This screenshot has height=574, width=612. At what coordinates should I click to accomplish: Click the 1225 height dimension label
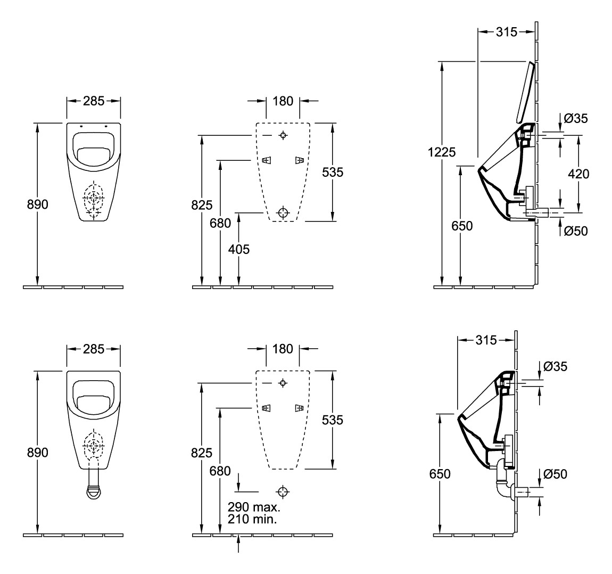tap(441, 152)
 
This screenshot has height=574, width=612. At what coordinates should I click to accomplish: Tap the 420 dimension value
tap(578, 174)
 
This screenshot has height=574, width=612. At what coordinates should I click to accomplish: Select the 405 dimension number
tap(239, 249)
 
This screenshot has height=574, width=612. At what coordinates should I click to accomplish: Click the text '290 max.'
tap(254, 507)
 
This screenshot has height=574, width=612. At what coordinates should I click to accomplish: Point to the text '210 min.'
tap(253, 519)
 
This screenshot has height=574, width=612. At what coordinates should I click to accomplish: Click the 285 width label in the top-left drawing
tap(94, 101)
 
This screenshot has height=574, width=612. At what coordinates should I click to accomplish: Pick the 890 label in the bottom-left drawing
tap(37, 452)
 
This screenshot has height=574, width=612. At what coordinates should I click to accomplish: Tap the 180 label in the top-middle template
tap(283, 101)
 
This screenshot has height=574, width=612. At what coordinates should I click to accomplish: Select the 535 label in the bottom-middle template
tap(333, 420)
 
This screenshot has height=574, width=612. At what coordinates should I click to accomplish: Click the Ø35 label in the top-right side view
tap(576, 118)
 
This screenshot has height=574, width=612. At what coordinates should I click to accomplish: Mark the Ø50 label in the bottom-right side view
tap(555, 474)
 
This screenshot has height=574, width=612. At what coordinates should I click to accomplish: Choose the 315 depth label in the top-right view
tap(507, 32)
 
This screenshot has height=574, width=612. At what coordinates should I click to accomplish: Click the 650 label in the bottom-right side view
tap(440, 474)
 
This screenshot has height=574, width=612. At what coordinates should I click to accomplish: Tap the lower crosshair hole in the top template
tap(283, 213)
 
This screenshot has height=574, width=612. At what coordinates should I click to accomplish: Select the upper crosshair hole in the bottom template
tap(283, 383)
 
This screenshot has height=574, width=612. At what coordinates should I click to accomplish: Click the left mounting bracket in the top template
tap(266, 160)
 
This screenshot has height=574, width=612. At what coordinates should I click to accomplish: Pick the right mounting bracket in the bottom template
tap(299, 408)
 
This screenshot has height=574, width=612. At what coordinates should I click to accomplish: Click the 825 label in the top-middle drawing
tap(202, 205)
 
